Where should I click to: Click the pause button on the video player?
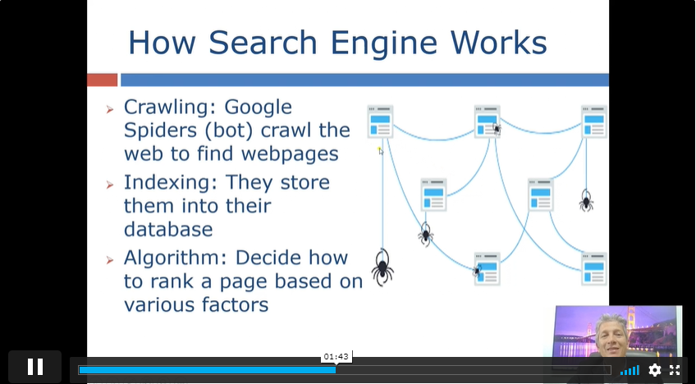(34, 367)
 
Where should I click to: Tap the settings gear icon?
(655, 370)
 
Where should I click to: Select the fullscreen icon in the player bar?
(675, 370)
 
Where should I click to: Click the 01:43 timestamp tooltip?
(336, 356)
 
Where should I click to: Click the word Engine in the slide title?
(386, 43)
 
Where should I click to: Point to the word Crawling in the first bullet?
(170, 107)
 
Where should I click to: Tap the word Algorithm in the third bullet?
(176, 258)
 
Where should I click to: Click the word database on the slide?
(168, 229)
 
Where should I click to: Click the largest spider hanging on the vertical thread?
(382, 267)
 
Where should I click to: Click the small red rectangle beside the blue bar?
(102, 80)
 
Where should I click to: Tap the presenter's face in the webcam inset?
(611, 334)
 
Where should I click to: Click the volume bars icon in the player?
(630, 370)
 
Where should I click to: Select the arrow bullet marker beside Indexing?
(110, 185)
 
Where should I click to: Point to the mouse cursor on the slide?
(380, 150)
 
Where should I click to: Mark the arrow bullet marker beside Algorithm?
(110, 260)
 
